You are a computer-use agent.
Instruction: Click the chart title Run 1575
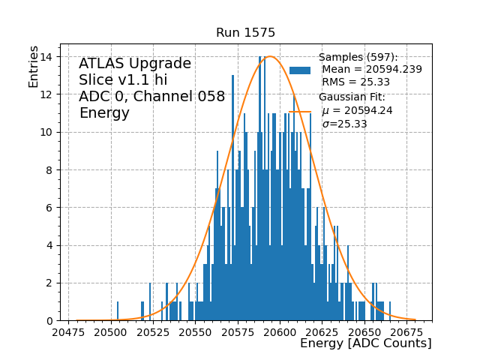tap(245, 33)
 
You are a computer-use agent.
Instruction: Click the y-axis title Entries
tap(34, 66)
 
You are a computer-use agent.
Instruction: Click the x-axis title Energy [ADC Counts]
tap(365, 343)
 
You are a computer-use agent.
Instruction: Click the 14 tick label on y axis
tap(47, 57)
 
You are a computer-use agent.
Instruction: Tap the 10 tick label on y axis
tap(47, 132)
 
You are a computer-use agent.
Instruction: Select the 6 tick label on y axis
tap(50, 208)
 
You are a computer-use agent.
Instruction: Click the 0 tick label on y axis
tap(50, 321)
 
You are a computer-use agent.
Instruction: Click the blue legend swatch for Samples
tap(300, 70)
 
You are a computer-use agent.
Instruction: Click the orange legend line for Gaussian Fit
tap(300, 111)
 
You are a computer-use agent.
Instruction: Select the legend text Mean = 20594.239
tap(372, 70)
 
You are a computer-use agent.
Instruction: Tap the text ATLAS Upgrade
tap(135, 64)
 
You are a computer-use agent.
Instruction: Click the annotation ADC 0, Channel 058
tap(151, 97)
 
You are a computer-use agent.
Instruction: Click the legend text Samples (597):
tap(358, 58)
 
